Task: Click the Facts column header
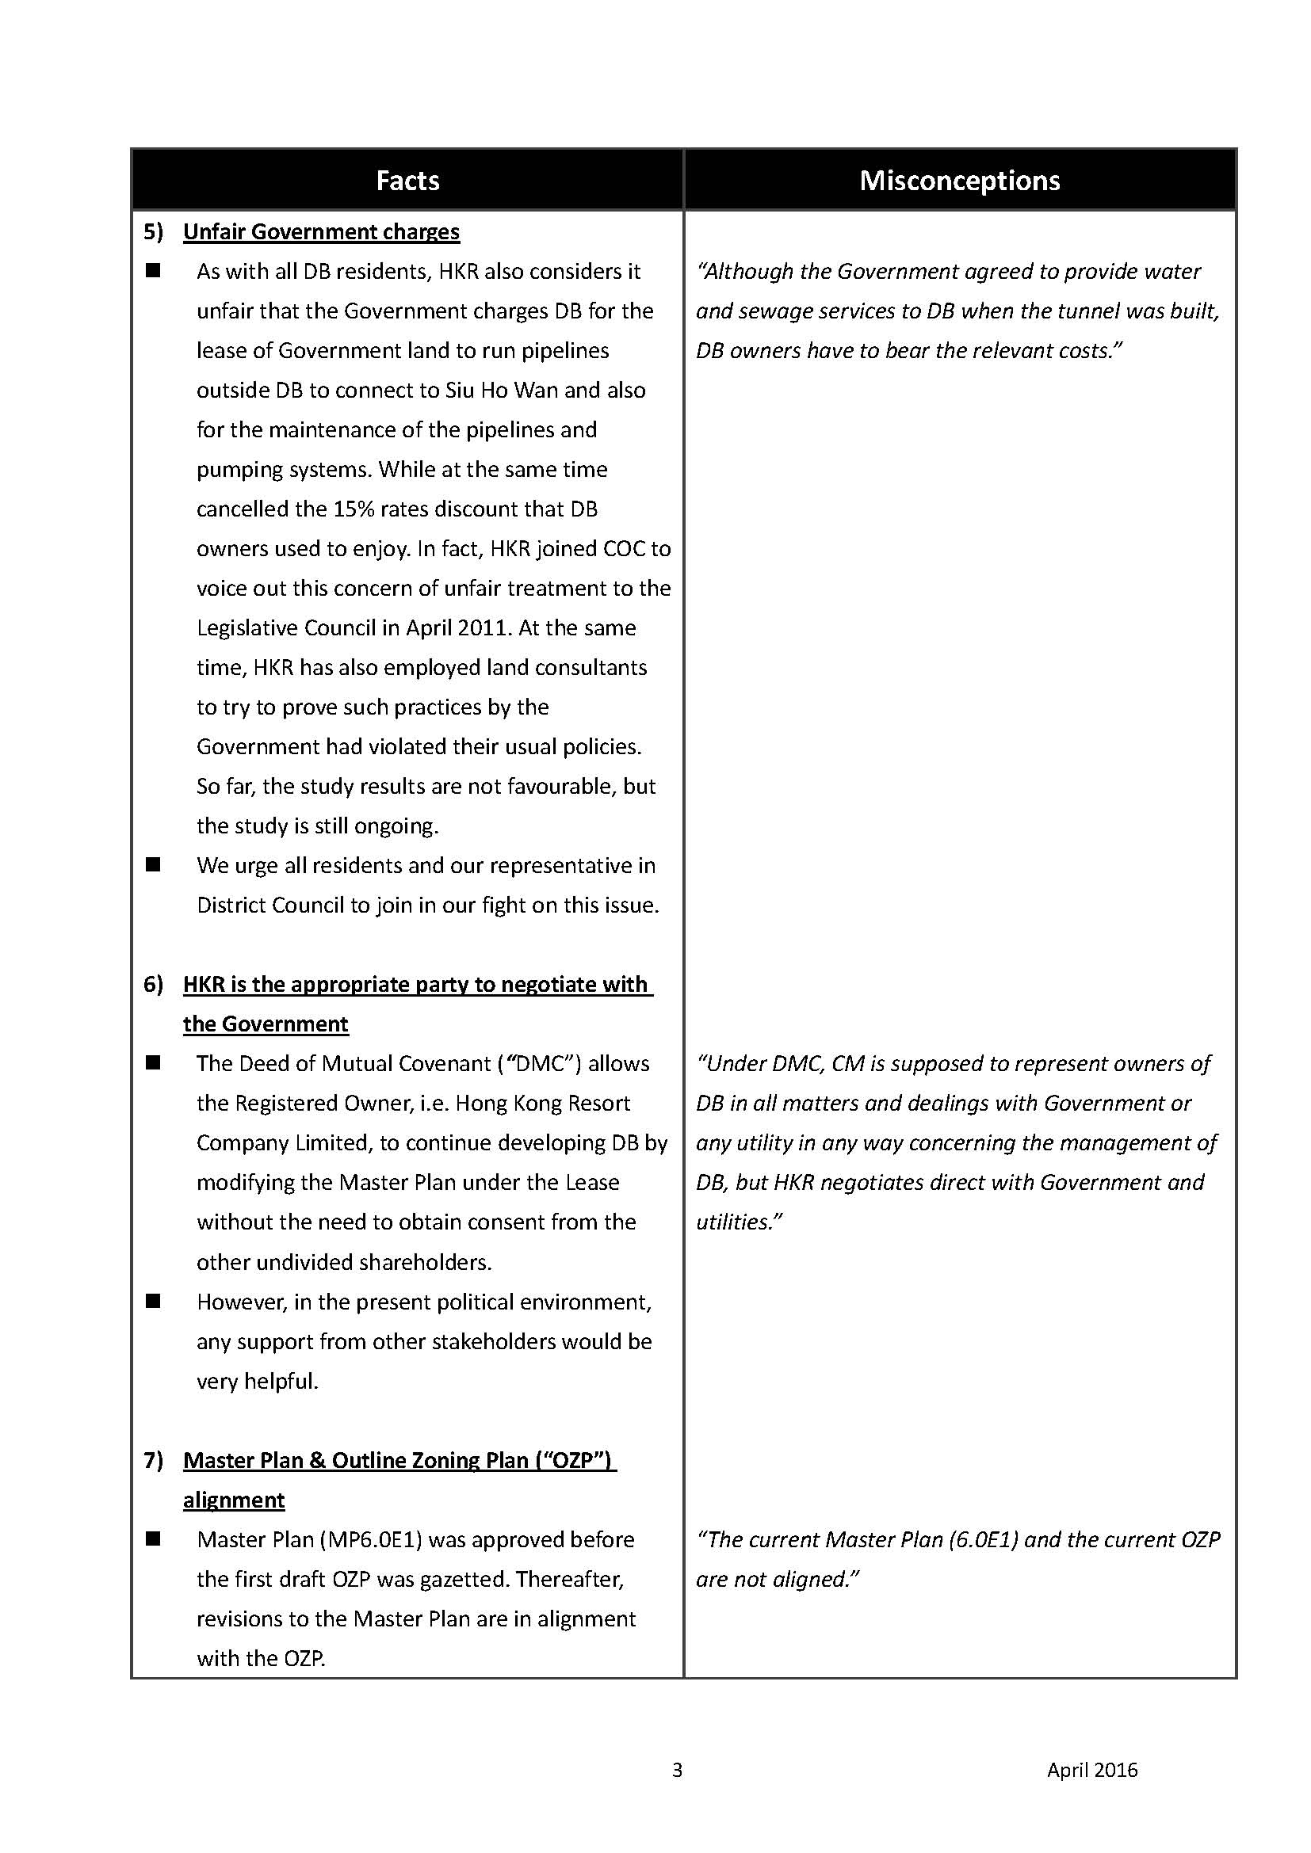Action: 407,181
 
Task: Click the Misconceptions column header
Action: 959,181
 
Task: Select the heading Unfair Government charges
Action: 321,232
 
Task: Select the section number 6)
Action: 154,985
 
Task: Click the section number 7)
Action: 154,1460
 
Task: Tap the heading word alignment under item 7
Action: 234,1500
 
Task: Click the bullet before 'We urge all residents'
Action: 154,865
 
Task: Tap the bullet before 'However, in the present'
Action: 154,1301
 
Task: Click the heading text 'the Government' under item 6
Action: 266,1024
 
